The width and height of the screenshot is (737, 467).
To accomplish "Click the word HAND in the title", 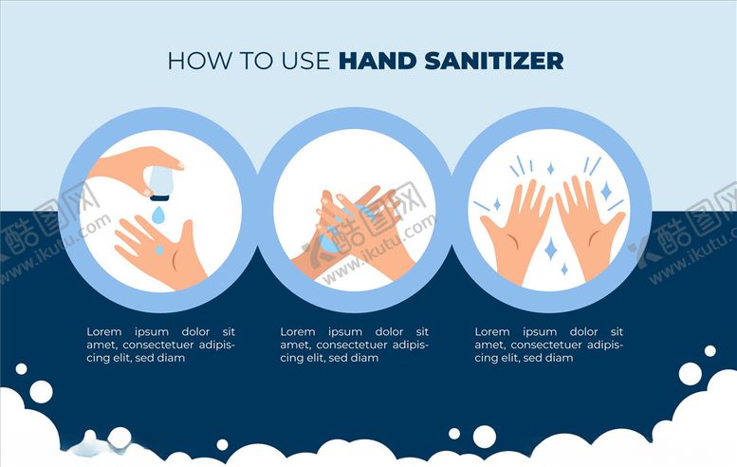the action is click(x=378, y=61).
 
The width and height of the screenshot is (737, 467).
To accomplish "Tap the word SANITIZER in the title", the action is click(x=494, y=61).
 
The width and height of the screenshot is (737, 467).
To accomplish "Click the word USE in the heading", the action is click(x=306, y=61).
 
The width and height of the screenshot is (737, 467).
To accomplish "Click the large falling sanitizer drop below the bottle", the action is click(x=158, y=214).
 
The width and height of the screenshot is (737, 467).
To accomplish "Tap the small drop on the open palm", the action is click(x=159, y=250).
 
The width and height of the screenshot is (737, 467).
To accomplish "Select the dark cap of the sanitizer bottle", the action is click(x=159, y=197).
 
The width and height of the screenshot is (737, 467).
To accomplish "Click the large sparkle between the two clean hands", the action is click(x=551, y=249).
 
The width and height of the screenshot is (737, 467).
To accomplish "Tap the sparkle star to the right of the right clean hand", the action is click(x=606, y=191).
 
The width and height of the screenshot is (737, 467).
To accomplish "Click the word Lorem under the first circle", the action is click(x=104, y=331).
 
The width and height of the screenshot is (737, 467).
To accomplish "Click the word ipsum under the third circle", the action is click(x=540, y=332).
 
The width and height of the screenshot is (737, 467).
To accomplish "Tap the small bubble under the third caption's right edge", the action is click(x=710, y=351).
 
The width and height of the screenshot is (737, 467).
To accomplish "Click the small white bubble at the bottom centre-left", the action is click(x=222, y=444).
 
